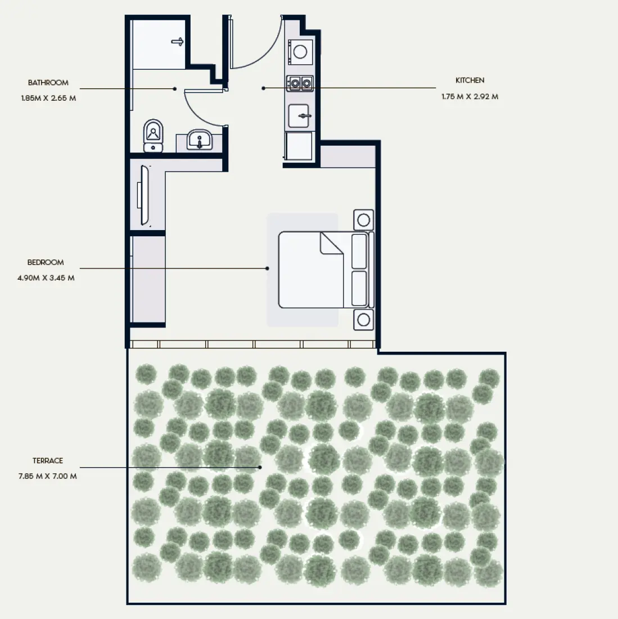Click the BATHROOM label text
pos(48,83)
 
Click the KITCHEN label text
pos(470,80)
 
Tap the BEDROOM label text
pos(46,262)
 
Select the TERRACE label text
pos(48,461)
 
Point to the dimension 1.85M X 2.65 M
pos(48,98)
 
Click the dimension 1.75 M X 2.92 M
pos(470,96)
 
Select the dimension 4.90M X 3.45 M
pos(46,277)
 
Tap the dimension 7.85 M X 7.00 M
pos(48,476)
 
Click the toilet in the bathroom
pos(153,135)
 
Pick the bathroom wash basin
pos(200,140)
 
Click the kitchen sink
pos(299,116)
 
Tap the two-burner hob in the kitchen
pos(300,84)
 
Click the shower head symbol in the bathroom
pos(178,41)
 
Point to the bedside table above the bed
pos(363,219)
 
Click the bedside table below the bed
pos(363,320)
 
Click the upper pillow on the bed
pos(359,252)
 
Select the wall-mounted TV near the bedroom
pos(145,195)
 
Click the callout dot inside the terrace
pos(260,467)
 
